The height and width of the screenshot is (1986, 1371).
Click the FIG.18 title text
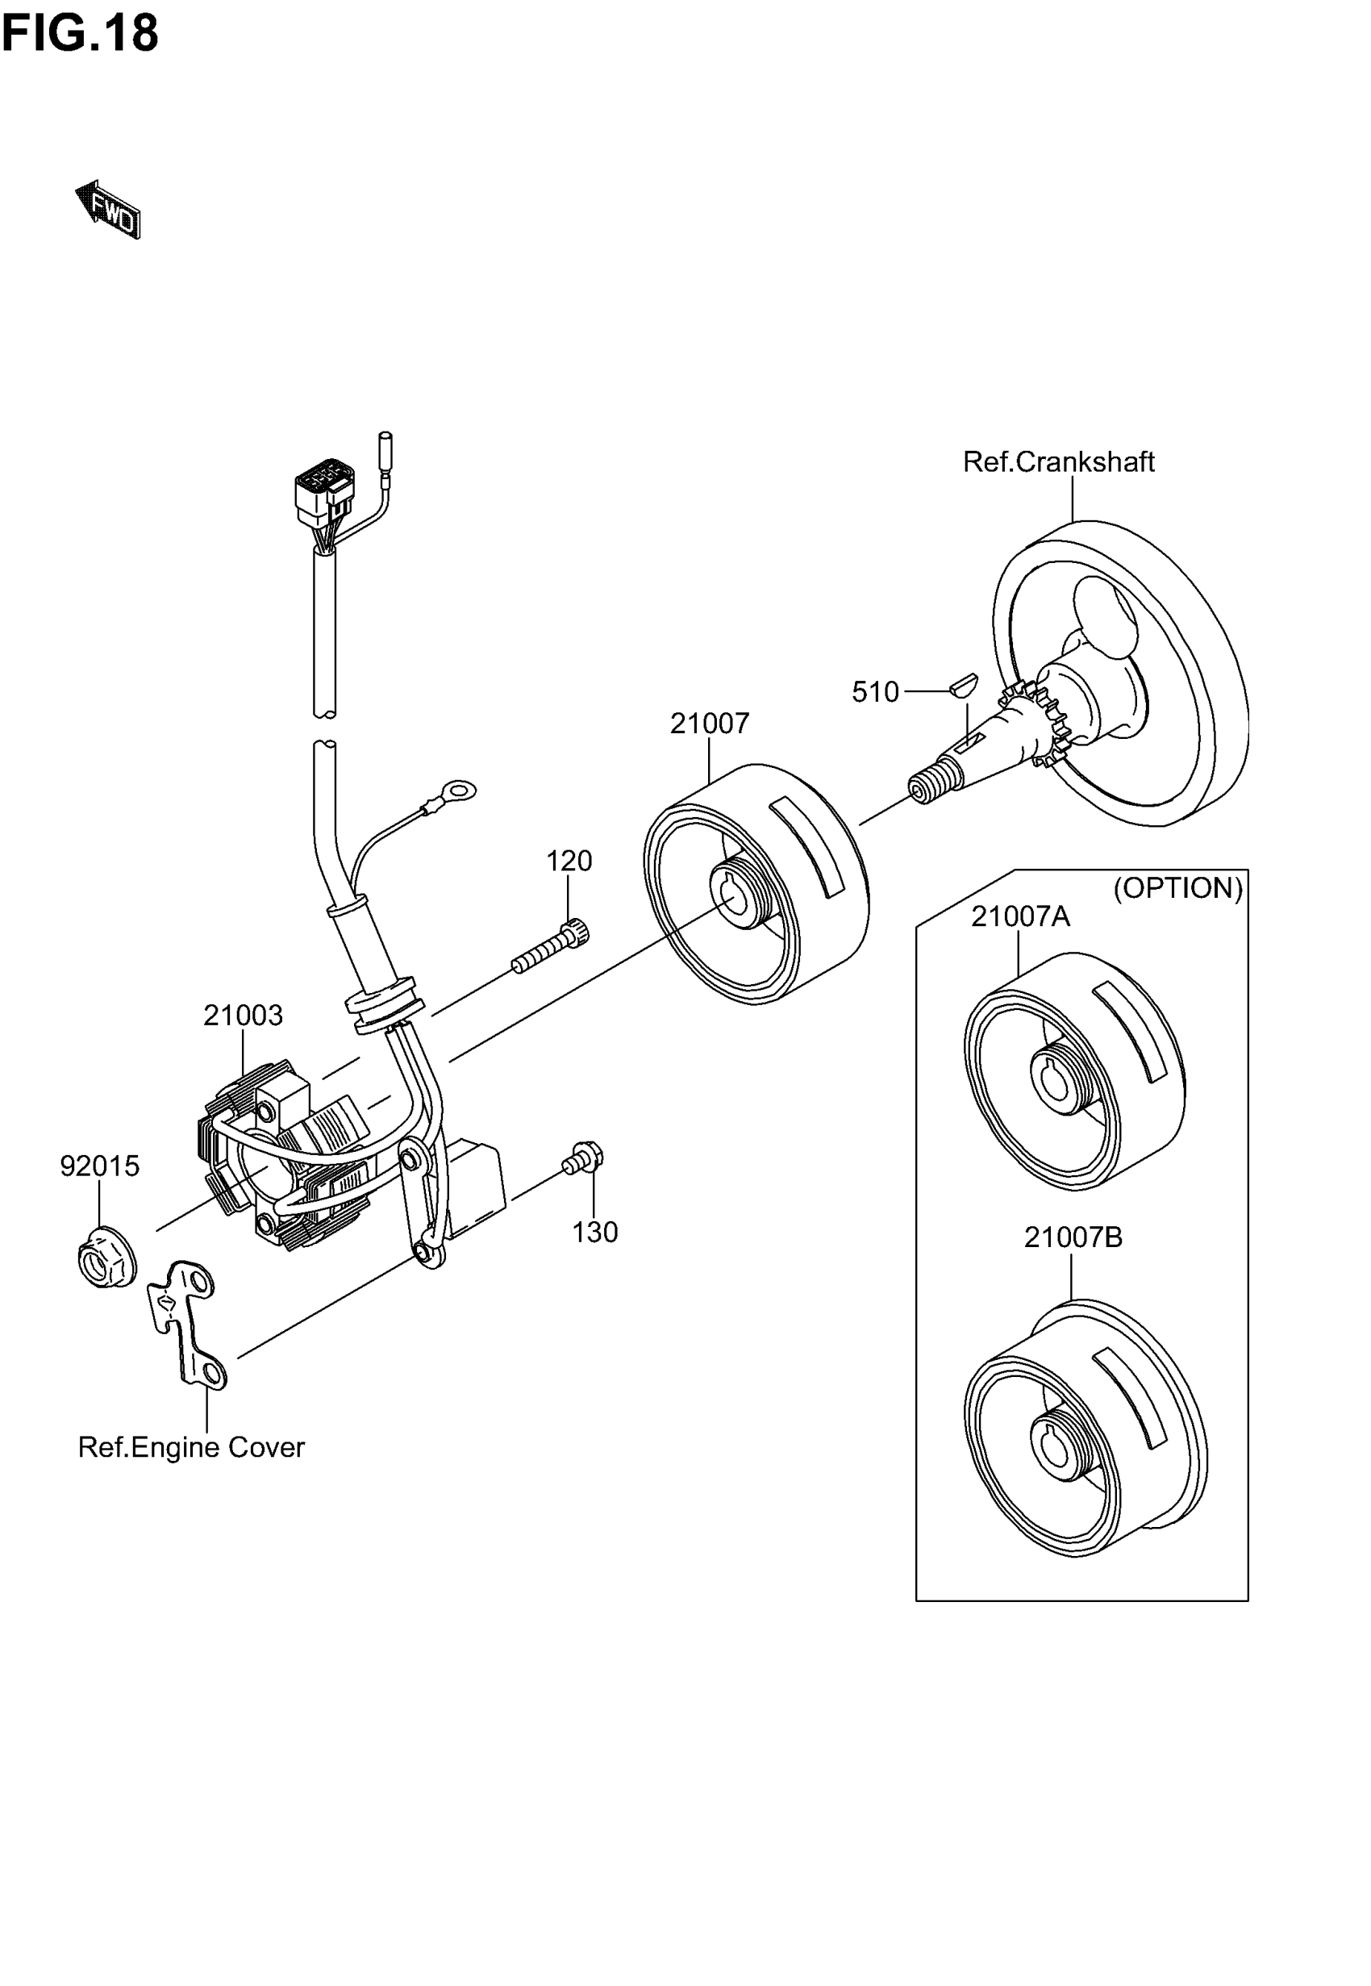pyautogui.click(x=80, y=35)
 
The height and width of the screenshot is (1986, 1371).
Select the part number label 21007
pyautogui.click(x=710, y=724)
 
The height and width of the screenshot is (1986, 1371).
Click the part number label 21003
pyautogui.click(x=243, y=1016)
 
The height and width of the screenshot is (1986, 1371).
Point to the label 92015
pyautogui.click(x=100, y=1166)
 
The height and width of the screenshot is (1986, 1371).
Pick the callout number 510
pyautogui.click(x=874, y=691)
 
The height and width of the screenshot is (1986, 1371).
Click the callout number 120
pyautogui.click(x=569, y=861)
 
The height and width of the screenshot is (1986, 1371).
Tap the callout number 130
pyautogui.click(x=595, y=1233)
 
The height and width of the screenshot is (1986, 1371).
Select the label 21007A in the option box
pyautogui.click(x=1020, y=916)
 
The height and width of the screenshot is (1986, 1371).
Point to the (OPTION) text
pyautogui.click(x=1177, y=887)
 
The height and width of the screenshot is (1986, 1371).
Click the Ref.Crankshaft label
pyautogui.click(x=1058, y=462)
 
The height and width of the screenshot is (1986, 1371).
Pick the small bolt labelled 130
pyautogui.click(x=584, y=1159)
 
